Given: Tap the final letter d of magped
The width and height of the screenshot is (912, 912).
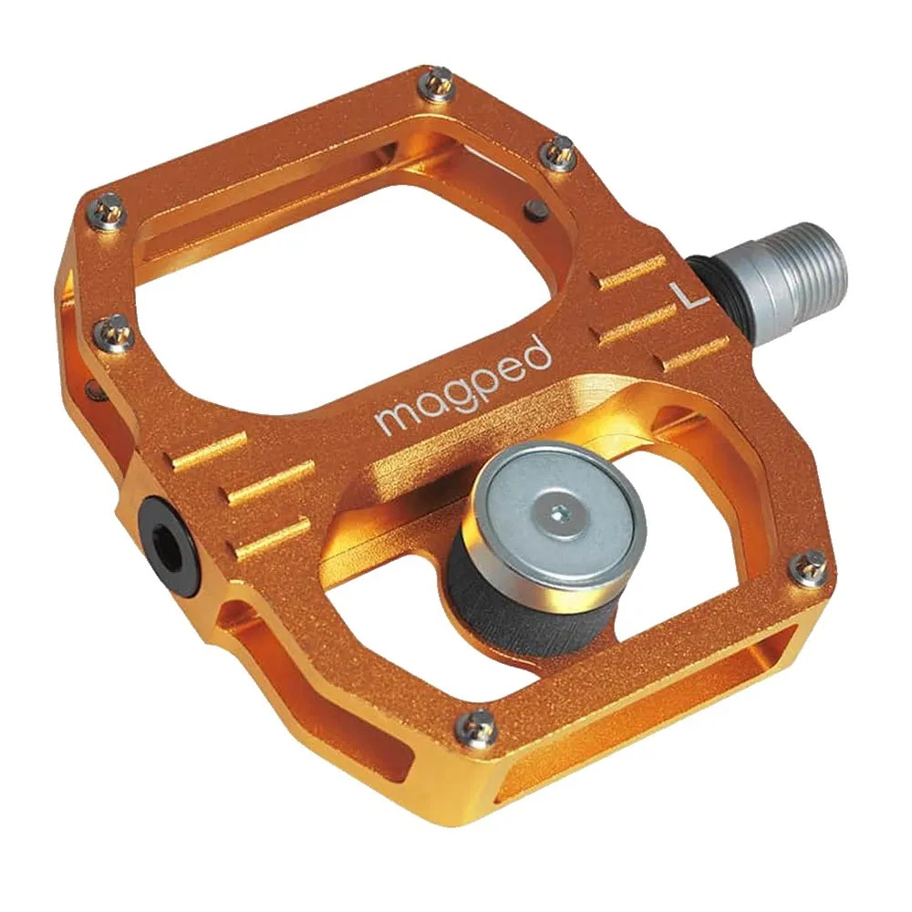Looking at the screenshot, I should tap(538, 353).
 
